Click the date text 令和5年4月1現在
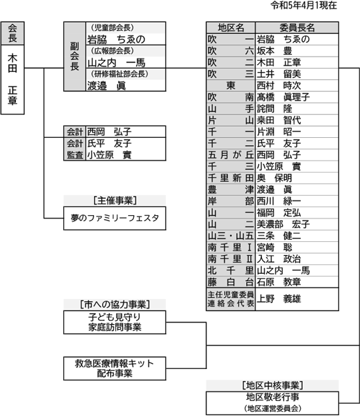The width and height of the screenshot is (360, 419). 303,5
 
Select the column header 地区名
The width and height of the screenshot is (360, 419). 231,27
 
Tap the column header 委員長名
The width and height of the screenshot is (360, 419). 297,27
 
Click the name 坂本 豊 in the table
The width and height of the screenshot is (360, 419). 275,51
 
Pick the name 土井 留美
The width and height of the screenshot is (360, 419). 279,74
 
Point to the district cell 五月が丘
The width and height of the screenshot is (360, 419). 231,155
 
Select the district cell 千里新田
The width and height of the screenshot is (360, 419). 231,178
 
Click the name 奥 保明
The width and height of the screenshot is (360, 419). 275,178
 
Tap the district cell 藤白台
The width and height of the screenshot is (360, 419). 231,282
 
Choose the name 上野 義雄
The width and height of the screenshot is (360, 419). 279,298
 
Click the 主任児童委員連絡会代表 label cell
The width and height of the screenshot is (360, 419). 231,299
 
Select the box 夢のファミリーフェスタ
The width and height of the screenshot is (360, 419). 115,218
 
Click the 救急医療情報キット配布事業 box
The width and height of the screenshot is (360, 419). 115,368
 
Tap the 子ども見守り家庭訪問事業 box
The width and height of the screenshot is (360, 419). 115,322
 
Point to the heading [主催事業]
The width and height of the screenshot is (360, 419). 115,201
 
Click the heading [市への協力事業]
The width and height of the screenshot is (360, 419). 115,304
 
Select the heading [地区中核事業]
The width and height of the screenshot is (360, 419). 272,386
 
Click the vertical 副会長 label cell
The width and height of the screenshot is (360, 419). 75,57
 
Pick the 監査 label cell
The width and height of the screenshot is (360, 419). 75,155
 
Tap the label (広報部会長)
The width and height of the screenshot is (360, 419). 112,51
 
